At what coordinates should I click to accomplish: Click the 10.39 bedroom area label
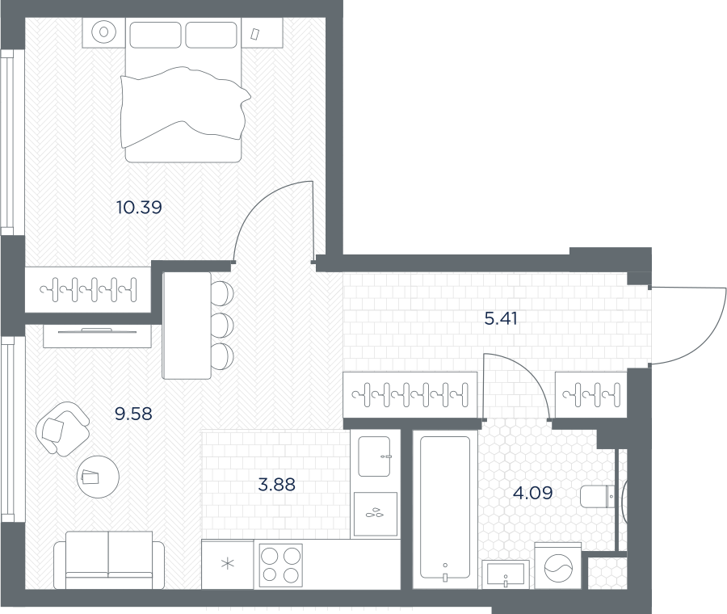[x=139, y=208]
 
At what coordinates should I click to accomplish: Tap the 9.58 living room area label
[x=133, y=414]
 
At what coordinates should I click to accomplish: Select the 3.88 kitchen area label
[x=276, y=485]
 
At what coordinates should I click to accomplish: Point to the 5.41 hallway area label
[x=501, y=318]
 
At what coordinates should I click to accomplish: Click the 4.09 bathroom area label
[x=533, y=493]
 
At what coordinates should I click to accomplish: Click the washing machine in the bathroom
[x=557, y=566]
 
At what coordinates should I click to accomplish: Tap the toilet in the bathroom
[x=598, y=496]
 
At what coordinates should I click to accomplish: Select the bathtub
[x=445, y=509]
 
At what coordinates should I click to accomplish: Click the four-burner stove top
[x=280, y=565]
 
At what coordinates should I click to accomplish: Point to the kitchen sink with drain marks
[x=375, y=514]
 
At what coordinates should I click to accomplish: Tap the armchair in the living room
[x=62, y=429]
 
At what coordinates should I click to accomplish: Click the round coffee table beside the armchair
[x=98, y=477]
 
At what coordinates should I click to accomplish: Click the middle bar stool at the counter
[x=222, y=325]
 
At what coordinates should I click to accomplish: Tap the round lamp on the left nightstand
[x=103, y=32]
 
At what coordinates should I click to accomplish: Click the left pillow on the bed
[x=155, y=35]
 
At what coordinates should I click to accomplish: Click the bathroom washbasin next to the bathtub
[x=506, y=574]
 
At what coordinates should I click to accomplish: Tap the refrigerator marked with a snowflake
[x=228, y=565]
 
